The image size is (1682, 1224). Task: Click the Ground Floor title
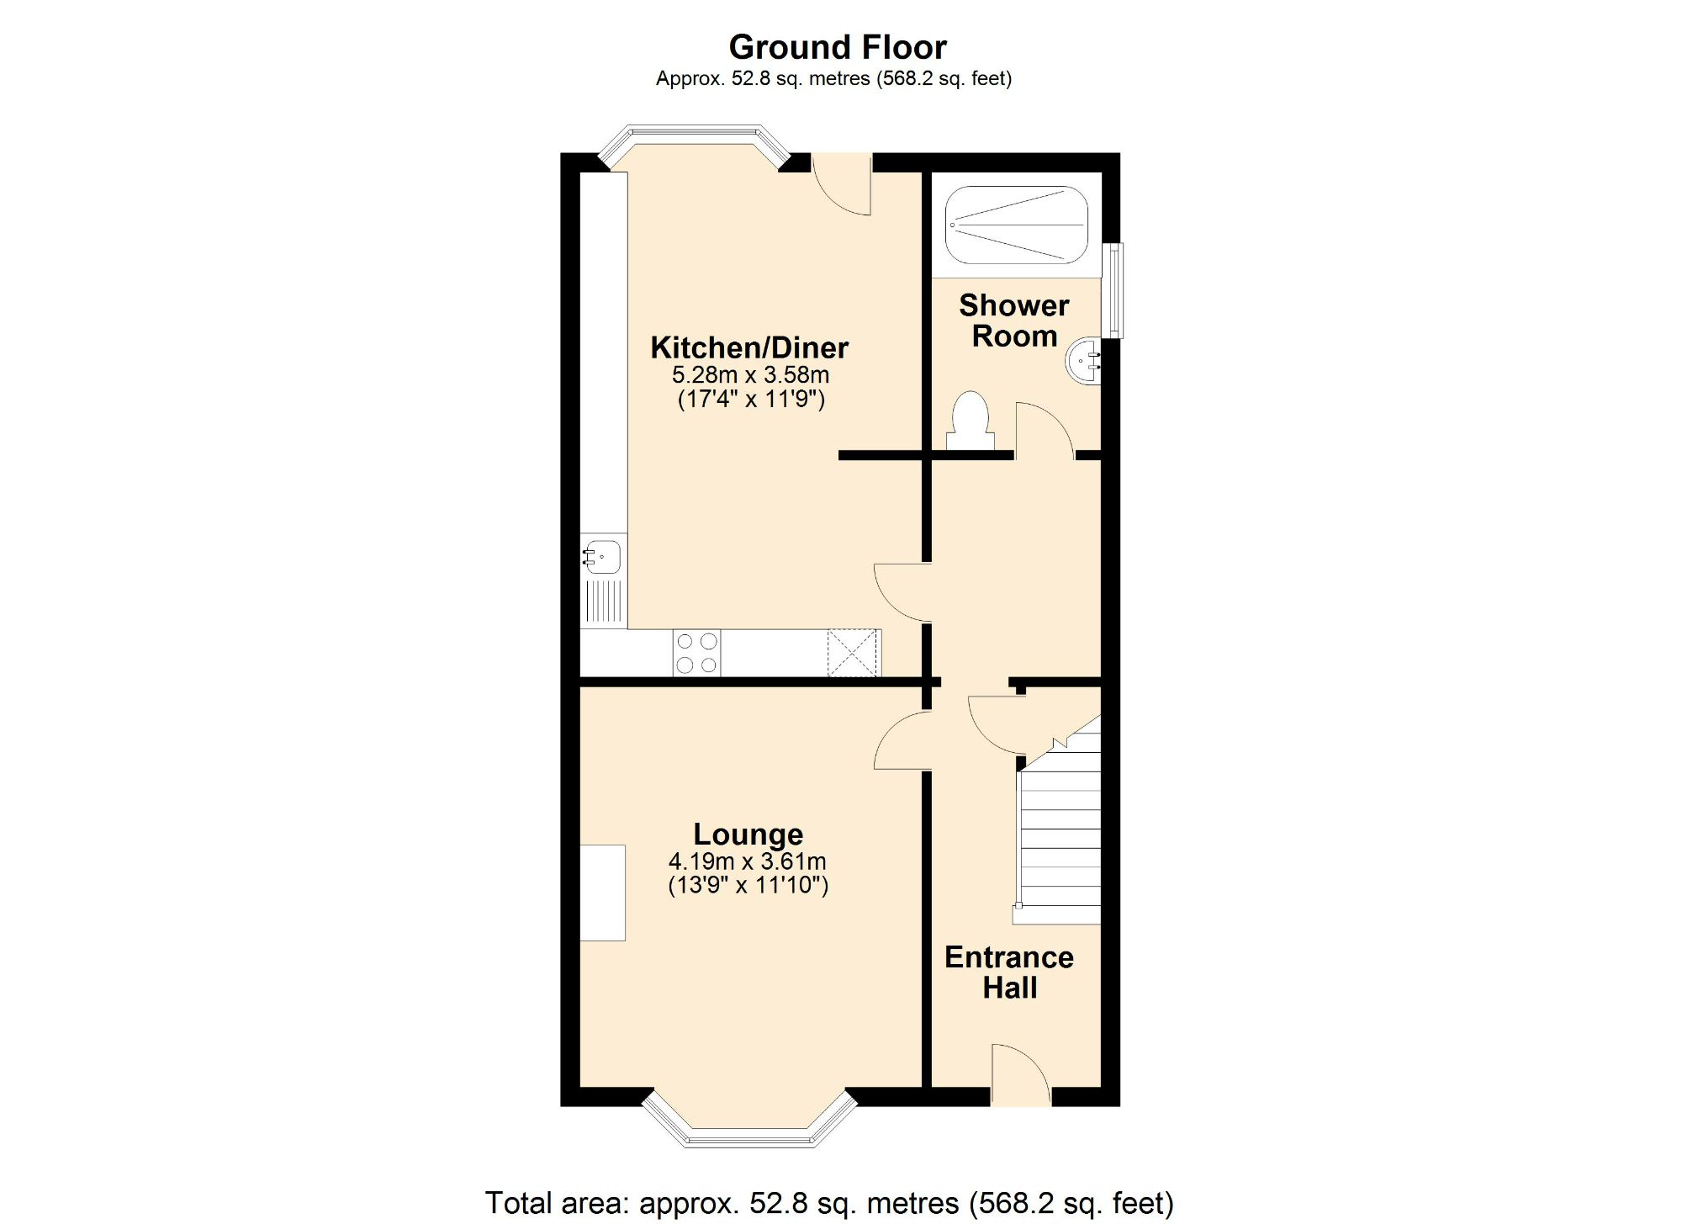coord(838,47)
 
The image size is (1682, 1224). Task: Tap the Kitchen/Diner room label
coord(749,347)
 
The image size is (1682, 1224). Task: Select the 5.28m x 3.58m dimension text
coord(750,375)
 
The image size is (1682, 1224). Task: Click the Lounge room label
coord(748,834)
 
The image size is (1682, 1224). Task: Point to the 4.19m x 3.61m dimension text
coord(747,861)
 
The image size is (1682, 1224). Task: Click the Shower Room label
coord(1014,321)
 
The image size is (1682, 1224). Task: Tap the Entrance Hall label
coord(1009,972)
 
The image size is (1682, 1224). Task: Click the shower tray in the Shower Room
coord(1016,225)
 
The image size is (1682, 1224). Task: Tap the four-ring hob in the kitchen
coord(697,653)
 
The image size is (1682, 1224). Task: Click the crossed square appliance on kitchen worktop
coord(853,653)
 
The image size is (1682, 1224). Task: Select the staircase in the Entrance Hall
coord(1060,841)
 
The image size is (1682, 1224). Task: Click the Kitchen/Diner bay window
coord(695,139)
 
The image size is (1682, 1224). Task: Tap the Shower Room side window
coord(1113,290)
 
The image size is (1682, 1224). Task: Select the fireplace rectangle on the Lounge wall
coord(603,893)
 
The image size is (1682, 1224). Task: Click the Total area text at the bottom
coord(829,1203)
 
